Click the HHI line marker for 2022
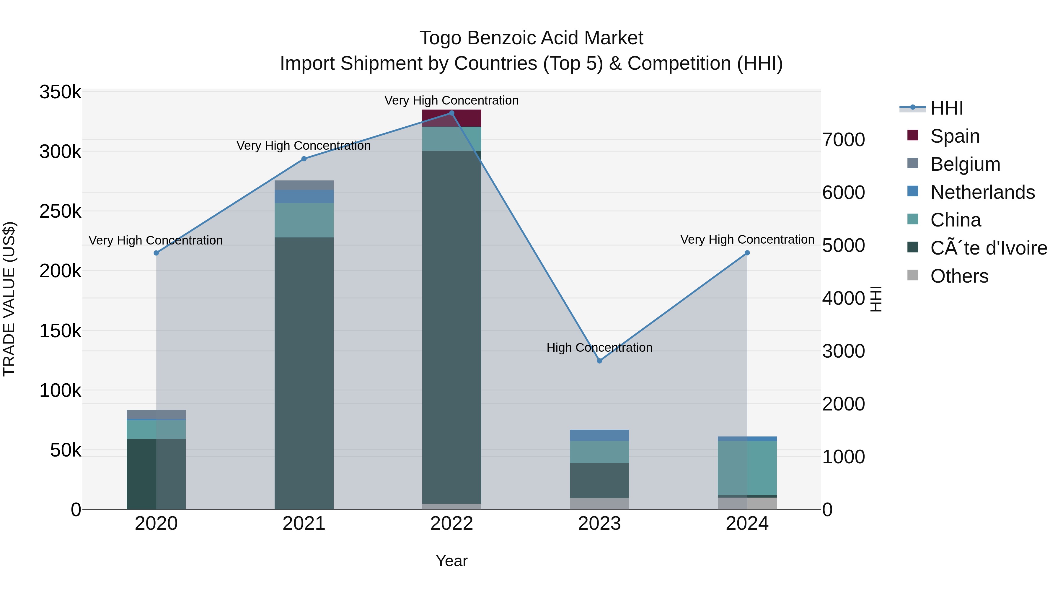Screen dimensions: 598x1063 pos(451,113)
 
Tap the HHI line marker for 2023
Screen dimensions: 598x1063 pos(600,361)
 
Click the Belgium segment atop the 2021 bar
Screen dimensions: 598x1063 pos(304,185)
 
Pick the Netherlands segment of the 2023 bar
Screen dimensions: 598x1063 pos(600,435)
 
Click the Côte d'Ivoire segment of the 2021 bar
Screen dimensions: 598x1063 pos(304,371)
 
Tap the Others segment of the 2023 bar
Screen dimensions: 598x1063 pos(600,504)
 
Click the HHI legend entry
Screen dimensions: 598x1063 pos(947,108)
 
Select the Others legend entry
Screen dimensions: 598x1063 pos(959,276)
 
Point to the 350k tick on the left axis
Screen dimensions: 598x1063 pos(60,92)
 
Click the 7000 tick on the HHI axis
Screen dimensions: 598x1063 pos(844,140)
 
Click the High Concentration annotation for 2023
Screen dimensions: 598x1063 pos(600,348)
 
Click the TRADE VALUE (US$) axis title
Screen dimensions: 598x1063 pos(9,299)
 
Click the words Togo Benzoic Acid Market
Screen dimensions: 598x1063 pos(531,38)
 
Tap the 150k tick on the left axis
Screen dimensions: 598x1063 pos(60,331)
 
